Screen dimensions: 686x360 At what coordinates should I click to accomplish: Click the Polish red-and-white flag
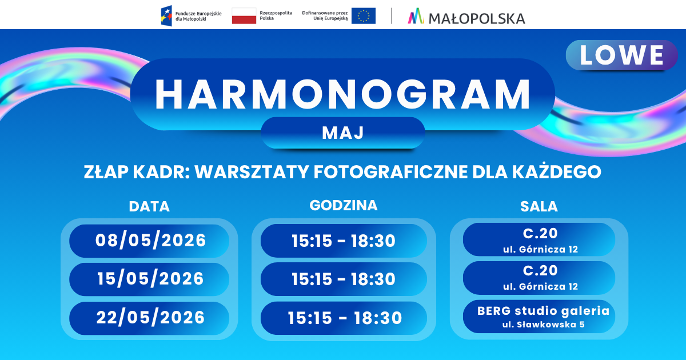point(244,16)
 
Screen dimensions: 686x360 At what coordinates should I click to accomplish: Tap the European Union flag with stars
point(364,16)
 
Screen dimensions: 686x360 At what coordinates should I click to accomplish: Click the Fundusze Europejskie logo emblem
point(166,15)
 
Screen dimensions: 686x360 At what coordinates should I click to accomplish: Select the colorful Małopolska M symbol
point(416,16)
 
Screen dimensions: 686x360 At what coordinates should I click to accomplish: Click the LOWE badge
point(622,55)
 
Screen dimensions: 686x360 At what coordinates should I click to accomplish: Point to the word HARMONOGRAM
point(342,94)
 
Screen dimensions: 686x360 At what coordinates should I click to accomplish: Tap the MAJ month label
point(342,133)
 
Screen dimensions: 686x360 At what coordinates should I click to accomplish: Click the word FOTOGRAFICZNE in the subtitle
point(390,172)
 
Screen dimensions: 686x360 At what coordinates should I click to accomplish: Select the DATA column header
point(149,207)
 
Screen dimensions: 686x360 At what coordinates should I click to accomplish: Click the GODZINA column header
point(344,205)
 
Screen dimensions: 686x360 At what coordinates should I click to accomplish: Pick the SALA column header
point(539,207)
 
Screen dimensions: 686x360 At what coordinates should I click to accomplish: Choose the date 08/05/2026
point(150,241)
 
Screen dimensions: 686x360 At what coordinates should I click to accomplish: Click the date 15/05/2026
point(150,279)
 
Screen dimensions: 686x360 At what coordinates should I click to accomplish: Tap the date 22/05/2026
point(150,318)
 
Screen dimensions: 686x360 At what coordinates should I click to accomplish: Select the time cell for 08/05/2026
point(344,241)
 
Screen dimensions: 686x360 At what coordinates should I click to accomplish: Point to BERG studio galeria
point(543,311)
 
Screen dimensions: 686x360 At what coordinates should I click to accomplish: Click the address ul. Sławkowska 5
point(543,325)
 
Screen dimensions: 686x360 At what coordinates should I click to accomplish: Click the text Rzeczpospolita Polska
point(276,15)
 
